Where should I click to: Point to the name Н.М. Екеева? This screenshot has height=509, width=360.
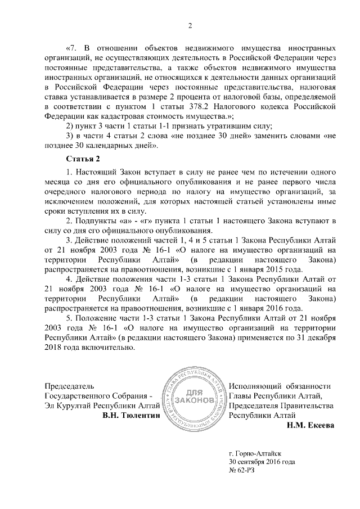coord(310,426)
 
